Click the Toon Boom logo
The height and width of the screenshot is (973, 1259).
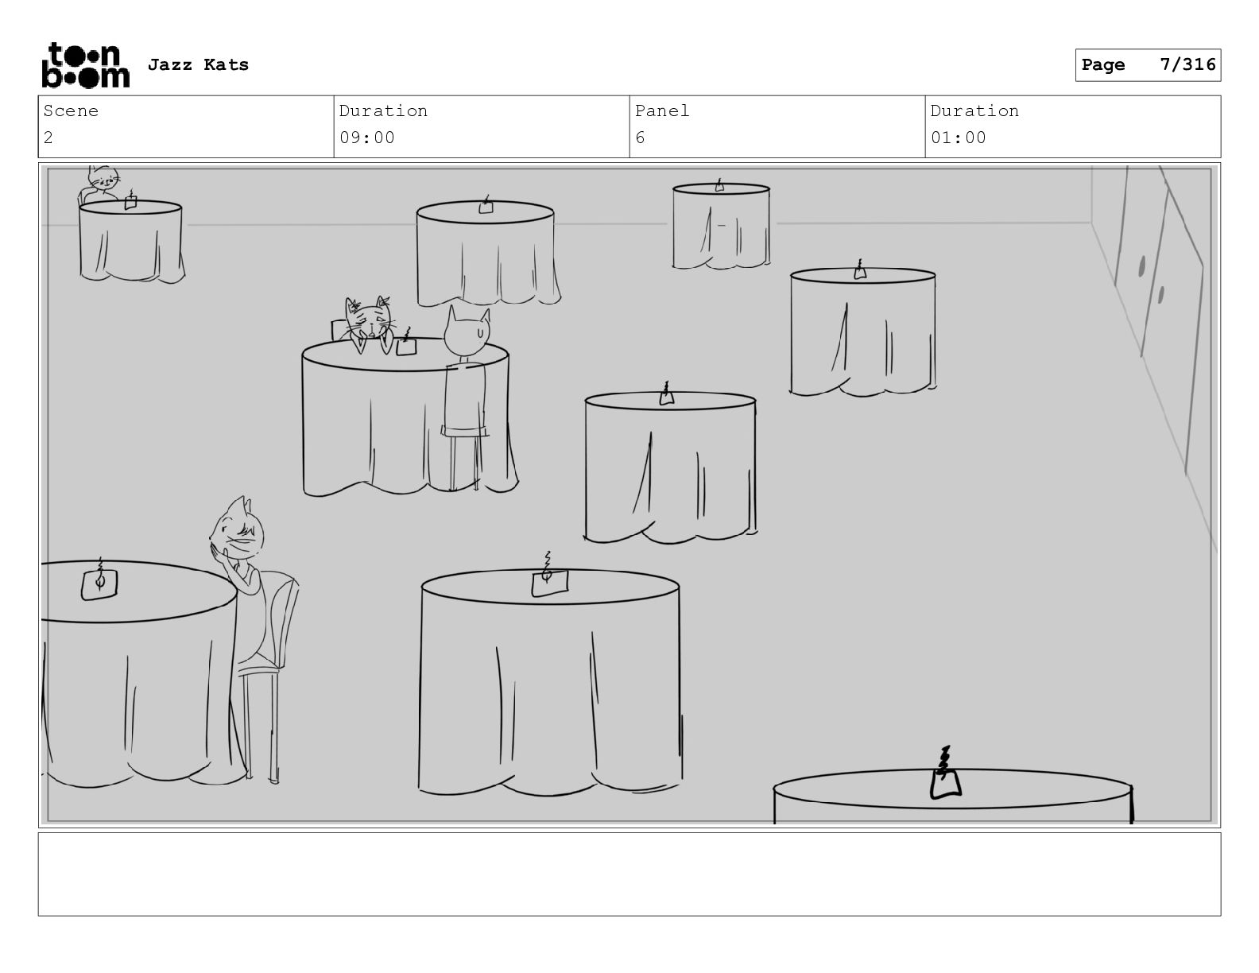(86, 65)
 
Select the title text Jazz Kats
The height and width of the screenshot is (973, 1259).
(198, 64)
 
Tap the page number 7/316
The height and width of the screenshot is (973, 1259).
(1187, 64)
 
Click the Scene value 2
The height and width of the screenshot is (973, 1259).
(48, 138)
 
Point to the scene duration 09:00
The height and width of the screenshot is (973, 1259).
(366, 138)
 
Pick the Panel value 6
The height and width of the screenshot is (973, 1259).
(640, 138)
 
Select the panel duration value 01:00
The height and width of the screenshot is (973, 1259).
(959, 138)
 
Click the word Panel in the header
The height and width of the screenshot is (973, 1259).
(661, 110)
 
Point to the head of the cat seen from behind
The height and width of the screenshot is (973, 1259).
(467, 332)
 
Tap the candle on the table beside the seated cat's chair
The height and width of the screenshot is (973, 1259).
(99, 580)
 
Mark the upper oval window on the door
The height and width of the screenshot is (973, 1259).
(1141, 267)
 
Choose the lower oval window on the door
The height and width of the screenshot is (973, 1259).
(1160, 295)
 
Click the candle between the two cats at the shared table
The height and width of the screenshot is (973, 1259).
(406, 343)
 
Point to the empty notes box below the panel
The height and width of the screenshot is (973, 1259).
(629, 874)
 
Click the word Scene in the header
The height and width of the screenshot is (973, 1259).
(71, 110)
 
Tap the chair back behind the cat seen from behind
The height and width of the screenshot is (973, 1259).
(465, 399)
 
